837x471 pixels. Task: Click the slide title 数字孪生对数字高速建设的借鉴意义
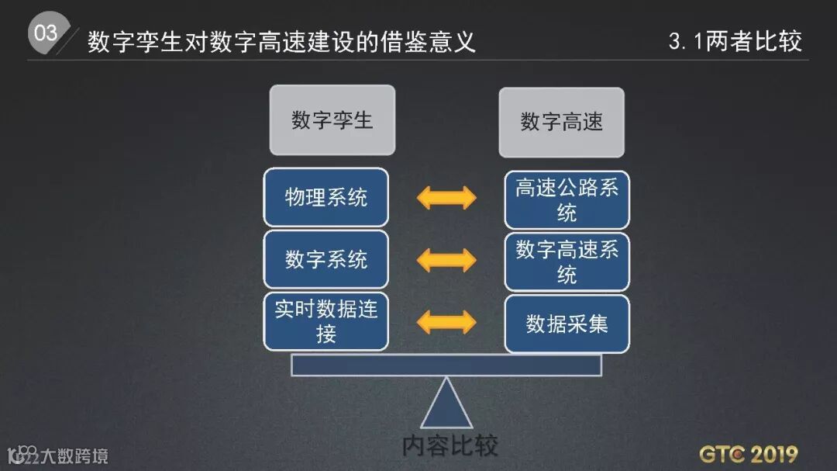click(x=281, y=41)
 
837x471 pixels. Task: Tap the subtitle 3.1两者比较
click(x=735, y=41)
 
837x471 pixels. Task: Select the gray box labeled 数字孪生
click(x=332, y=120)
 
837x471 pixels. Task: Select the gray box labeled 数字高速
click(x=562, y=122)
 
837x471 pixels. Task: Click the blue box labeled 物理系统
click(x=326, y=198)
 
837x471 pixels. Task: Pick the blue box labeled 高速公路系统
click(x=567, y=199)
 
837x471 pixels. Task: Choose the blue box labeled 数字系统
click(x=326, y=259)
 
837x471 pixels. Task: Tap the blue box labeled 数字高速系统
click(x=567, y=261)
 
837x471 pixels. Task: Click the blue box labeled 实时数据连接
click(x=326, y=321)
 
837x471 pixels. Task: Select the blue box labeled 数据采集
click(x=567, y=324)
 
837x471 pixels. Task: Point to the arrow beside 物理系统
click(x=446, y=198)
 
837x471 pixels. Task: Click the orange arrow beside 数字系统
click(x=446, y=260)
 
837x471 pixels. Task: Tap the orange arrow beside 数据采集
click(x=446, y=322)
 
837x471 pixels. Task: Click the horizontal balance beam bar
click(x=446, y=365)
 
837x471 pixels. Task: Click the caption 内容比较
click(x=449, y=445)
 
